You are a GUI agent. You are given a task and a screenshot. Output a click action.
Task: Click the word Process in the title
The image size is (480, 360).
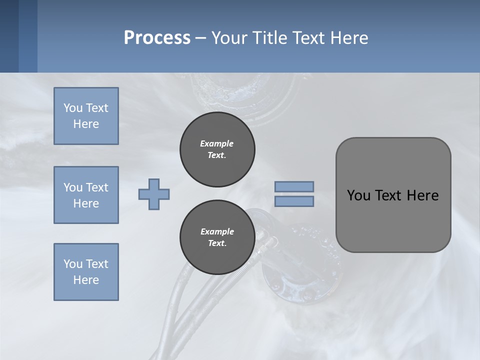[157, 38]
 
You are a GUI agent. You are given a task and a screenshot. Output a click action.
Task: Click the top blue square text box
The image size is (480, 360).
[86, 116]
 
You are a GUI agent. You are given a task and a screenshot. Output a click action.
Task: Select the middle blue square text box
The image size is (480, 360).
[86, 195]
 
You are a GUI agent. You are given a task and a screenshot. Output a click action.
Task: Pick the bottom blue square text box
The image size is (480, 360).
[86, 272]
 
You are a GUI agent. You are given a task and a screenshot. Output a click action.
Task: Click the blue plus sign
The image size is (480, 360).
[154, 194]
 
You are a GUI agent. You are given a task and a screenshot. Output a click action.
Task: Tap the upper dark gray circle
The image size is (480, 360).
[217, 149]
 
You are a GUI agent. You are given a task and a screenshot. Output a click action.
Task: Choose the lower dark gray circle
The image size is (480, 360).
[217, 237]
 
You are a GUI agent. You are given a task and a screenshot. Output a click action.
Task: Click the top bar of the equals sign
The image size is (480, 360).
[294, 186]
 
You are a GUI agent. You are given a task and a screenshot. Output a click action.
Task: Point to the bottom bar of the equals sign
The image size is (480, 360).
[294, 201]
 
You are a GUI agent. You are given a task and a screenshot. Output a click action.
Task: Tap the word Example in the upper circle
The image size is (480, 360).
[217, 143]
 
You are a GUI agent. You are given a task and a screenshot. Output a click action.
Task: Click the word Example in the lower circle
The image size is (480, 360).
[217, 231]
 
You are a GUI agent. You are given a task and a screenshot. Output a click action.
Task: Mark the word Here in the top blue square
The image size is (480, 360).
[86, 124]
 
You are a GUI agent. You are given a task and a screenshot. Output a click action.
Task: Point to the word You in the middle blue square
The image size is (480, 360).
[72, 187]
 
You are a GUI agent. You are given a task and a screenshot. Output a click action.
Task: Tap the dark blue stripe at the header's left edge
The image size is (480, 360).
[9, 36]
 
